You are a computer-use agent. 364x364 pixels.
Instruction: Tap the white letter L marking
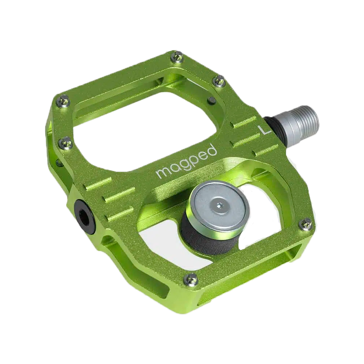263,130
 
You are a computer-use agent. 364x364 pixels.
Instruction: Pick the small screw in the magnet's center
218,205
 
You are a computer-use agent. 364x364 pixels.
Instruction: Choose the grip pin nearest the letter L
219,82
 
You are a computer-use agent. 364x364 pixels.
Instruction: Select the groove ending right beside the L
245,123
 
